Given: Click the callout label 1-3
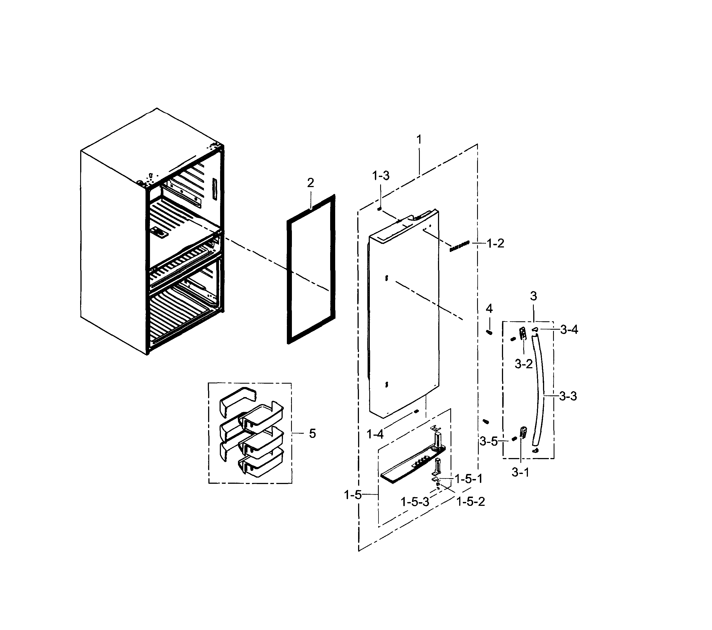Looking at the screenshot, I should [x=381, y=176].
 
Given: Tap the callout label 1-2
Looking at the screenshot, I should [x=495, y=243].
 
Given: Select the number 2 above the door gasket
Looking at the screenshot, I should [x=310, y=183].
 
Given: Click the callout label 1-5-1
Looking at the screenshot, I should [x=468, y=479].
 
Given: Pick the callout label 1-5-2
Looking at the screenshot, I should [x=470, y=502].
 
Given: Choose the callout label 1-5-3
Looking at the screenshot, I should [x=415, y=502].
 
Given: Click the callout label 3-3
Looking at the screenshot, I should [x=568, y=396].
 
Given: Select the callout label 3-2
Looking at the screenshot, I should [x=523, y=364].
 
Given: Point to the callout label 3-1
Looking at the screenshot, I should [x=520, y=472].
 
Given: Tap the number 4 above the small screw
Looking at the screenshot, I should [x=489, y=308].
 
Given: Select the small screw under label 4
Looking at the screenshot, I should [x=489, y=332].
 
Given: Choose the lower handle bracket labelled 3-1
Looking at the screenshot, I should [x=523, y=432].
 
